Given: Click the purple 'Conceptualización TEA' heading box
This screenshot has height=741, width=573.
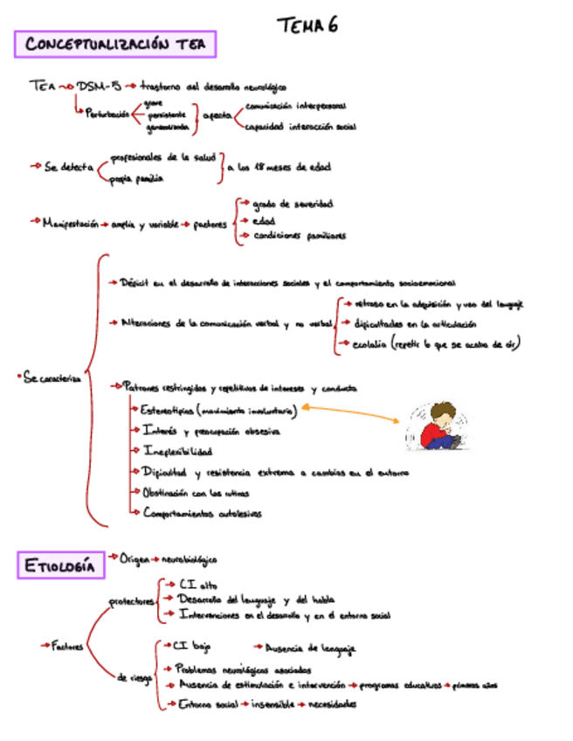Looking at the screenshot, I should click(114, 44).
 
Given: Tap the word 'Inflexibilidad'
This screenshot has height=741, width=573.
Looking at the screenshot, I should click(178, 452).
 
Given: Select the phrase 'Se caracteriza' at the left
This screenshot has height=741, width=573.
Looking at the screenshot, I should click(53, 377).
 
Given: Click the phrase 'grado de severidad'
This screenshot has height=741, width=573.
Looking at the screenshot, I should click(293, 204).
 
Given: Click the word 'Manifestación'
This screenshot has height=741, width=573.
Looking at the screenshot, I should click(71, 224).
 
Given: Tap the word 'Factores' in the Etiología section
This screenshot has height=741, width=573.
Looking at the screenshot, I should click(67, 647).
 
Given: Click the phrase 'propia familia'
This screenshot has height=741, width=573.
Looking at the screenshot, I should click(137, 179).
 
